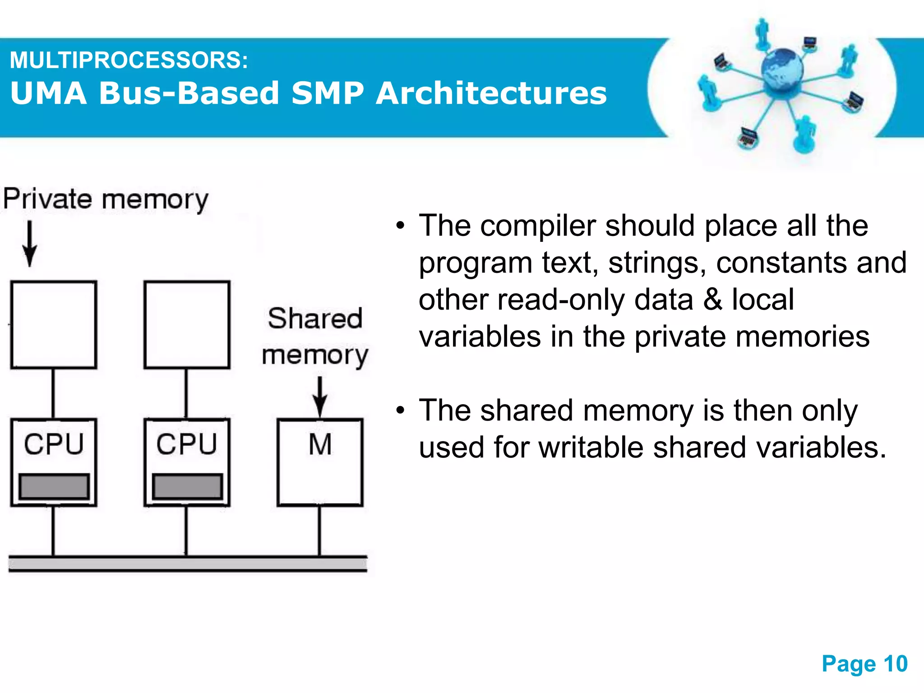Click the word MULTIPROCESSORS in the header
click(129, 60)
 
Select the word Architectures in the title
click(491, 93)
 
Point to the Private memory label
click(106, 199)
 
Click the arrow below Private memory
click(30, 244)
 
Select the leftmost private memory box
click(54, 325)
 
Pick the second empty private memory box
click(187, 325)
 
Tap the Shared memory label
click(315, 336)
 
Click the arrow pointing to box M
click(320, 396)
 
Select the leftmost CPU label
click(54, 444)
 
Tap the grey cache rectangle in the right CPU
click(187, 486)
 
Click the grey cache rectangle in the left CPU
click(54, 486)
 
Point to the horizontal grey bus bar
click(188, 564)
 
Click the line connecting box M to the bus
click(320, 531)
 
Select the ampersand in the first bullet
click(712, 300)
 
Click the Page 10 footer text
click(864, 664)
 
